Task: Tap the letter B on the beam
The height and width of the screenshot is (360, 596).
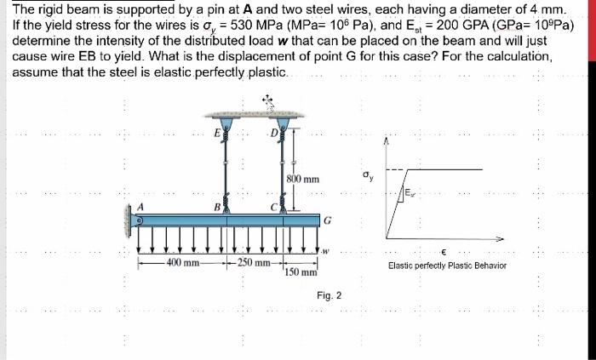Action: coord(217,206)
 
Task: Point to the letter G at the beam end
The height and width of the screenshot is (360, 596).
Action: coord(328,220)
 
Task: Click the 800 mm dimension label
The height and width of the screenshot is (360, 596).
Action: coord(303,180)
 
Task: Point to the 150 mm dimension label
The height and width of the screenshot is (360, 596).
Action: coord(302,272)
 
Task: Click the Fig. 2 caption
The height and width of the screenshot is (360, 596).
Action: coord(329,295)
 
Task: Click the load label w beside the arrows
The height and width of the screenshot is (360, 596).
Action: coord(325,250)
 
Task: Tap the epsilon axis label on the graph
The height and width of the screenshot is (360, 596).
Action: coord(445,252)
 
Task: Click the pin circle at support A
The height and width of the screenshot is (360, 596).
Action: coord(140,218)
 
